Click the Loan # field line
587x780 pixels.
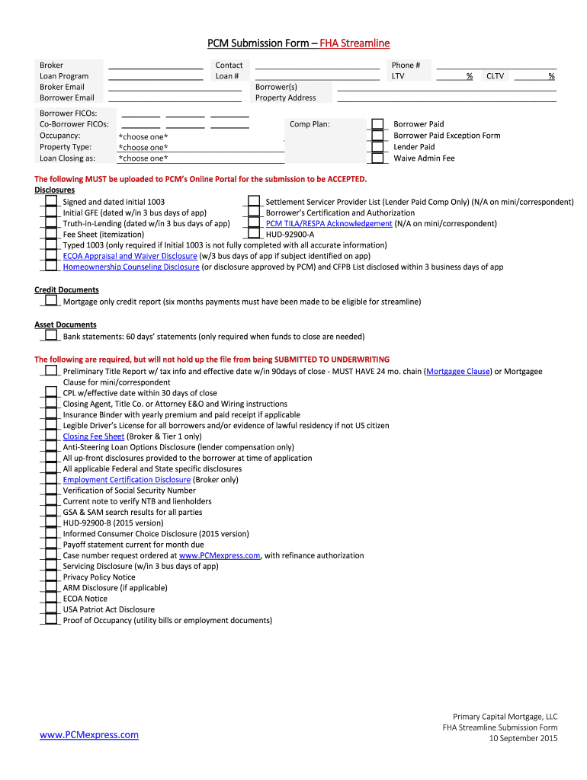[x=316, y=76]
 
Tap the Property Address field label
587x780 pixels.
[x=285, y=97]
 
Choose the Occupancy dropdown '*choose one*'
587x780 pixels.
[x=143, y=136]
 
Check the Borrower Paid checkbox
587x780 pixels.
[x=377, y=124]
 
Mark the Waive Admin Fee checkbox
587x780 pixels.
[x=377, y=158]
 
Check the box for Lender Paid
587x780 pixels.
[x=377, y=147]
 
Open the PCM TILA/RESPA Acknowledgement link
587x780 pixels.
[x=329, y=224]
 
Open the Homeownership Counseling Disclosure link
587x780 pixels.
[x=131, y=267]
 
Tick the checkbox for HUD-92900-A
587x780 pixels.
[x=252, y=235]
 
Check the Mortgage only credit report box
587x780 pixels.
[x=50, y=301]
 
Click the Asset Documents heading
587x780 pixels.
[x=66, y=324]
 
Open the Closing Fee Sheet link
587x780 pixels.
[x=93, y=436]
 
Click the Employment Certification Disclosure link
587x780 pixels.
[x=127, y=480]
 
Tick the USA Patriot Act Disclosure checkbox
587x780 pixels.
[x=50, y=609]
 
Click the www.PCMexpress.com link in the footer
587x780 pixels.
[x=89, y=734]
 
